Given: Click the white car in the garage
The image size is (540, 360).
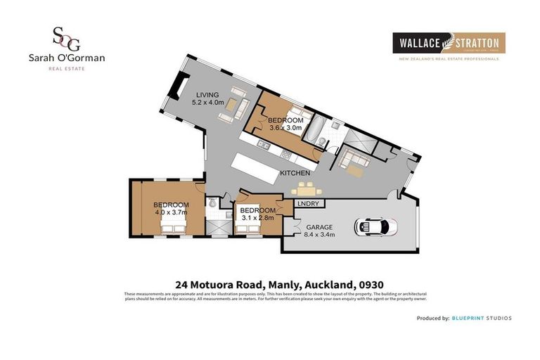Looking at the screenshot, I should tap(377, 226).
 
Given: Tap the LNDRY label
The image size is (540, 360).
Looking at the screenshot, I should tap(308, 204).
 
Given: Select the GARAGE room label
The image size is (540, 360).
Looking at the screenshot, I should tap(318, 227).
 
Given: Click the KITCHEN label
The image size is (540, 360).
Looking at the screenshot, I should tap(295, 172).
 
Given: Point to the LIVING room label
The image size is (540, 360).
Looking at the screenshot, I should tap(207, 94).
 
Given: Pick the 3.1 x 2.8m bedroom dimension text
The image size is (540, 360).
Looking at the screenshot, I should tap(256, 218).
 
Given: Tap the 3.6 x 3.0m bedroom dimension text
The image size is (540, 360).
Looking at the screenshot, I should tap(285, 128).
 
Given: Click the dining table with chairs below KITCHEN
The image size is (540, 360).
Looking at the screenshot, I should tap(304, 189).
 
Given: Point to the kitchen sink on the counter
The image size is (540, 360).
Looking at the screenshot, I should tap(261, 146).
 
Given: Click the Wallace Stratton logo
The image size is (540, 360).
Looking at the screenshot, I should tap(448, 44).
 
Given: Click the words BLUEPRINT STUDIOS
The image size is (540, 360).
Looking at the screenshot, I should tap(482, 319).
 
